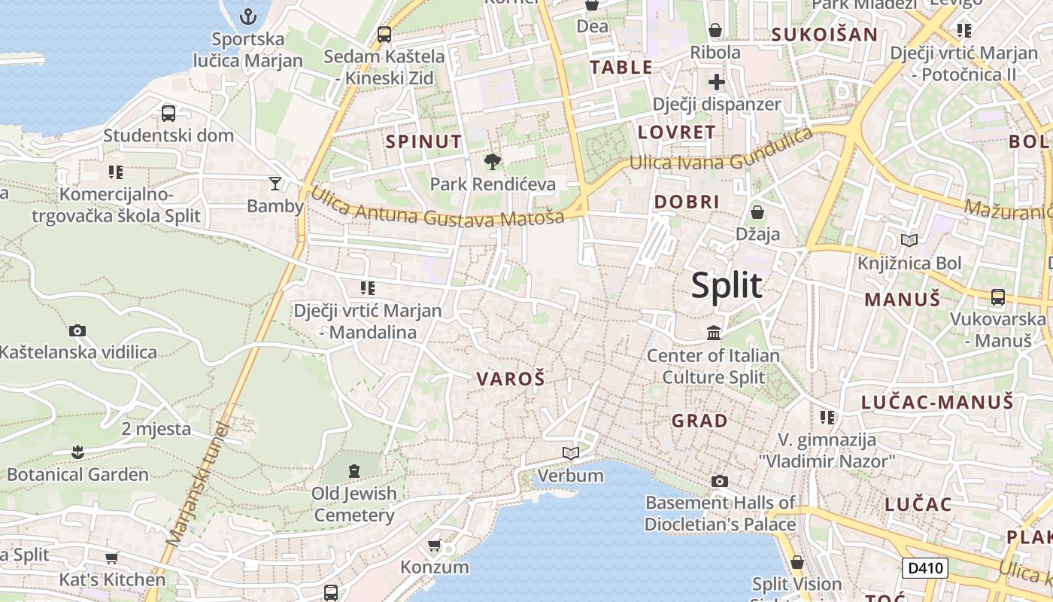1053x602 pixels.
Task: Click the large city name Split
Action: [726, 286]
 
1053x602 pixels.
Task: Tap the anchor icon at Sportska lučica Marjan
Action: [248, 16]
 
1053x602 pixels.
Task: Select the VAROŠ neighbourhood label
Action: [510, 379]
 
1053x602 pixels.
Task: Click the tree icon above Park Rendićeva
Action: [493, 160]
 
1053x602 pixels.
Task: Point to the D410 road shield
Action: [924, 568]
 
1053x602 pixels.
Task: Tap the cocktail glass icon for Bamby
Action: [275, 183]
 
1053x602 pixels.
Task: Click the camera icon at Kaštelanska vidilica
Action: [77, 330]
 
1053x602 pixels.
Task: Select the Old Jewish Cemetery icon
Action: [354, 471]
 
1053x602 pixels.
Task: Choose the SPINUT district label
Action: [423, 141]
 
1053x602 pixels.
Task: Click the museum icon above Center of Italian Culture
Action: [713, 332]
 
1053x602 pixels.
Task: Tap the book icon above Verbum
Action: [571, 453]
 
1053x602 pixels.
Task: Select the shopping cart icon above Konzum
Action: [434, 545]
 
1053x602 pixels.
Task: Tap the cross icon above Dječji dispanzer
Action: [716, 81]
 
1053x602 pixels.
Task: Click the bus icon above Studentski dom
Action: [168, 114]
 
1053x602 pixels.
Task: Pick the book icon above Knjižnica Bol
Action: [909, 241]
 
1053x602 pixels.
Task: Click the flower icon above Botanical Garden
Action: [77, 452]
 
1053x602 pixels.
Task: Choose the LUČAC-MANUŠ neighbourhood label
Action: [937, 402]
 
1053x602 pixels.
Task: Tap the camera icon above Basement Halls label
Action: [719, 481]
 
